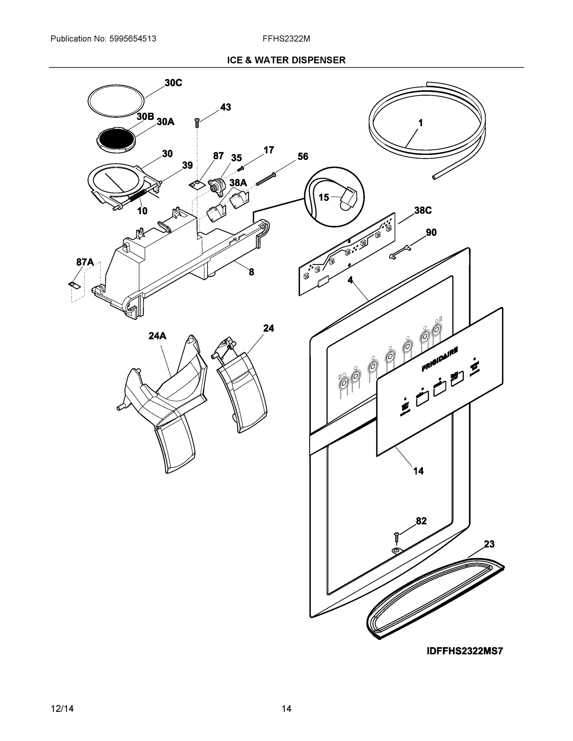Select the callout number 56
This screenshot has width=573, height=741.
(302, 157)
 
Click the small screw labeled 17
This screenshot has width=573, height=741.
(241, 168)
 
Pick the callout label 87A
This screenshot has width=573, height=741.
(85, 262)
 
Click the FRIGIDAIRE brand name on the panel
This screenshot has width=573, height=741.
(440, 359)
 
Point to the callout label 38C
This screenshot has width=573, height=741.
(423, 211)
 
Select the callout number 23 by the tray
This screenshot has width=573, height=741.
(489, 544)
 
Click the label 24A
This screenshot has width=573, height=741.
(157, 336)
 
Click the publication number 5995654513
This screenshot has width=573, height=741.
(133, 39)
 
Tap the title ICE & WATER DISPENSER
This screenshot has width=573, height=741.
(286, 60)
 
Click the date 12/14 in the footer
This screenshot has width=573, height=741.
(62, 709)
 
